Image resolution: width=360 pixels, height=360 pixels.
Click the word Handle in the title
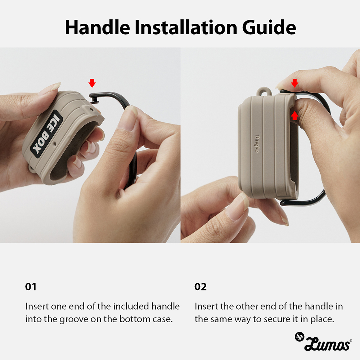(x=98, y=27)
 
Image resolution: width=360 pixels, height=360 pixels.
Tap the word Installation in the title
(x=186, y=27)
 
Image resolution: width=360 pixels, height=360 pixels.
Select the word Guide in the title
(x=269, y=27)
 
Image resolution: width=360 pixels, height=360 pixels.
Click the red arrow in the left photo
(x=92, y=83)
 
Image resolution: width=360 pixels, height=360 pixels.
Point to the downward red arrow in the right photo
(x=294, y=83)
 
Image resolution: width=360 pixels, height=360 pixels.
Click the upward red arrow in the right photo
(x=294, y=115)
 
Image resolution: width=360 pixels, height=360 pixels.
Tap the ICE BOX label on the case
(x=47, y=134)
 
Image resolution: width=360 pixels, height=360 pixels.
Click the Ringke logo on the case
(x=257, y=144)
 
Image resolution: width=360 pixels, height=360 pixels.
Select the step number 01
(x=31, y=287)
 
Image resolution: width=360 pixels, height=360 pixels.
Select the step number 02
(x=200, y=287)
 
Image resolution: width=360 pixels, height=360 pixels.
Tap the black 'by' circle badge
(x=300, y=337)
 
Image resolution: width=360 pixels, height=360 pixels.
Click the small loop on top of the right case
(x=264, y=91)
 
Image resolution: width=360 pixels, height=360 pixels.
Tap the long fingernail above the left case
(x=49, y=89)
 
